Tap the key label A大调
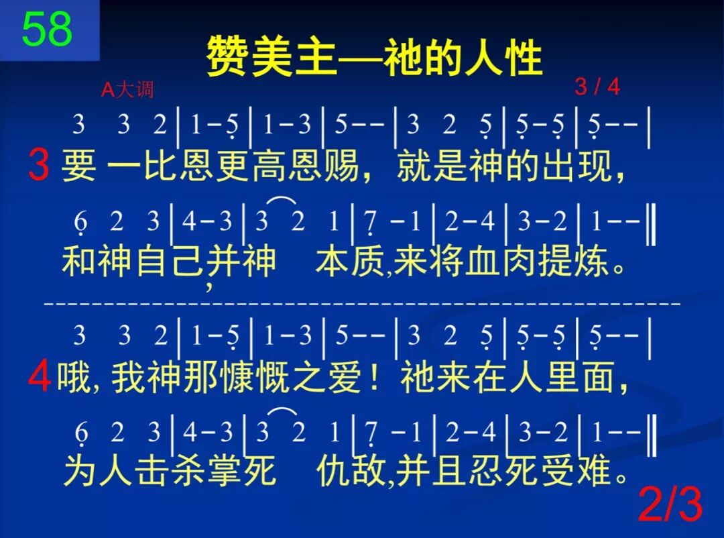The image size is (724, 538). coord(127,90)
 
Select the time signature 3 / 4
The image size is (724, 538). coord(597,87)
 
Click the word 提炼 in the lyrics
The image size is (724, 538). coord(577,261)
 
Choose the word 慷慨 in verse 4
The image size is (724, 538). coord(259,379)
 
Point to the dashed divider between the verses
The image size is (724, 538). coord(362,303)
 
